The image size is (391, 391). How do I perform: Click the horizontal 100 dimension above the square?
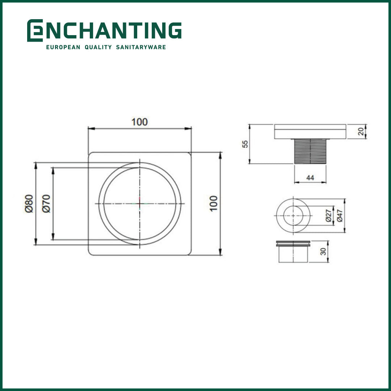[139, 122]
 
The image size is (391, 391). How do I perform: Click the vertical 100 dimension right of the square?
[213, 203]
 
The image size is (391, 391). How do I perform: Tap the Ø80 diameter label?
[29, 203]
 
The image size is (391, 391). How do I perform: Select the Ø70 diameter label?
[46, 203]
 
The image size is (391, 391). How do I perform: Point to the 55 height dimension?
[245, 144]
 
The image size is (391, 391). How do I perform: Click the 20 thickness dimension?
[361, 131]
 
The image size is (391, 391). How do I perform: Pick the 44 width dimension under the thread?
[310, 178]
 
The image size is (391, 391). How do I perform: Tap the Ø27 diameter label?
[328, 215]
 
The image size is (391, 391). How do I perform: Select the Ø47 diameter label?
[339, 215]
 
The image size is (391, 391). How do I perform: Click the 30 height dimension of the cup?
[323, 251]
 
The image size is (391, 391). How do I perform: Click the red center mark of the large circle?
[140, 203]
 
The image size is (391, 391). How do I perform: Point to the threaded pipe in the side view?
[310, 151]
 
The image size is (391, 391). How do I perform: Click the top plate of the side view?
[310, 131]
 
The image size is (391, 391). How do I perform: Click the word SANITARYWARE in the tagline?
[141, 47]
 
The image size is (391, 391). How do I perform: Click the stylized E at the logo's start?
[35, 30]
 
